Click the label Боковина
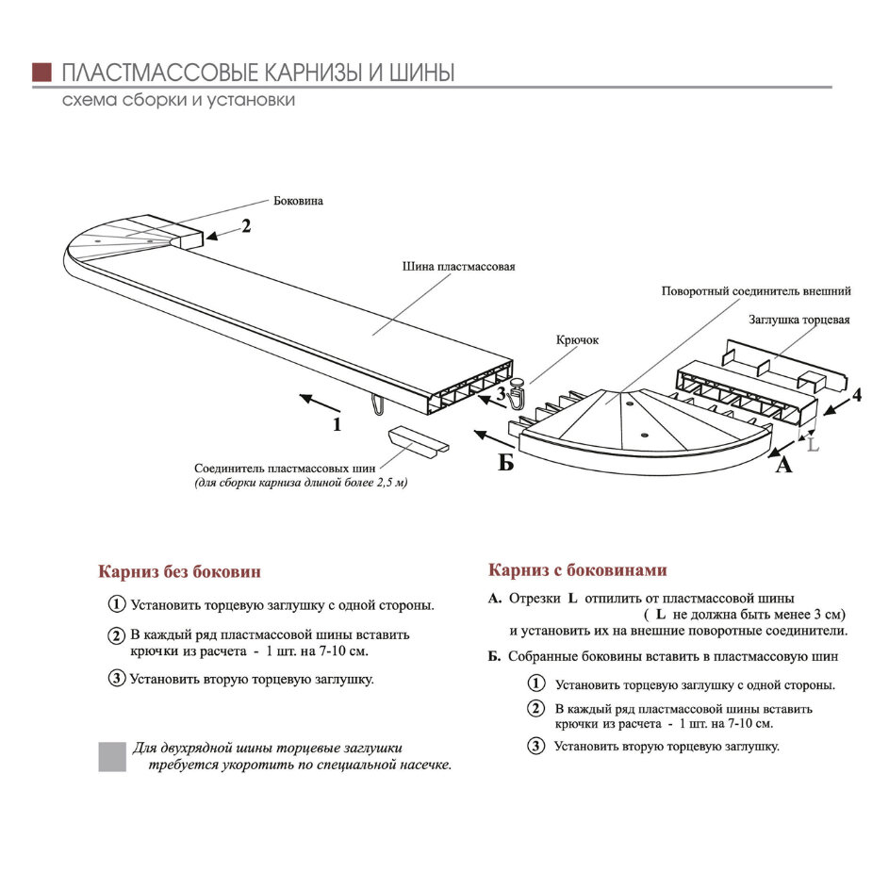298,201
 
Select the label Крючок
578,340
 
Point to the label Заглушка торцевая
799,320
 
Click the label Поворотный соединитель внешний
756,291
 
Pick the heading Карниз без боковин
180,571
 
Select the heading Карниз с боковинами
577,570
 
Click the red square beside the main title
41,73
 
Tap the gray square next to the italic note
112,756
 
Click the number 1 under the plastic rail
337,424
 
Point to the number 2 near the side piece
245,225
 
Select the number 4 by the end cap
856,395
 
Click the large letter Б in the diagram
505,463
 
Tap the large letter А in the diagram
783,464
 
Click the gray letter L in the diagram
813,442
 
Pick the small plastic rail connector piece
415,440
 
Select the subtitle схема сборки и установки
178,100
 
